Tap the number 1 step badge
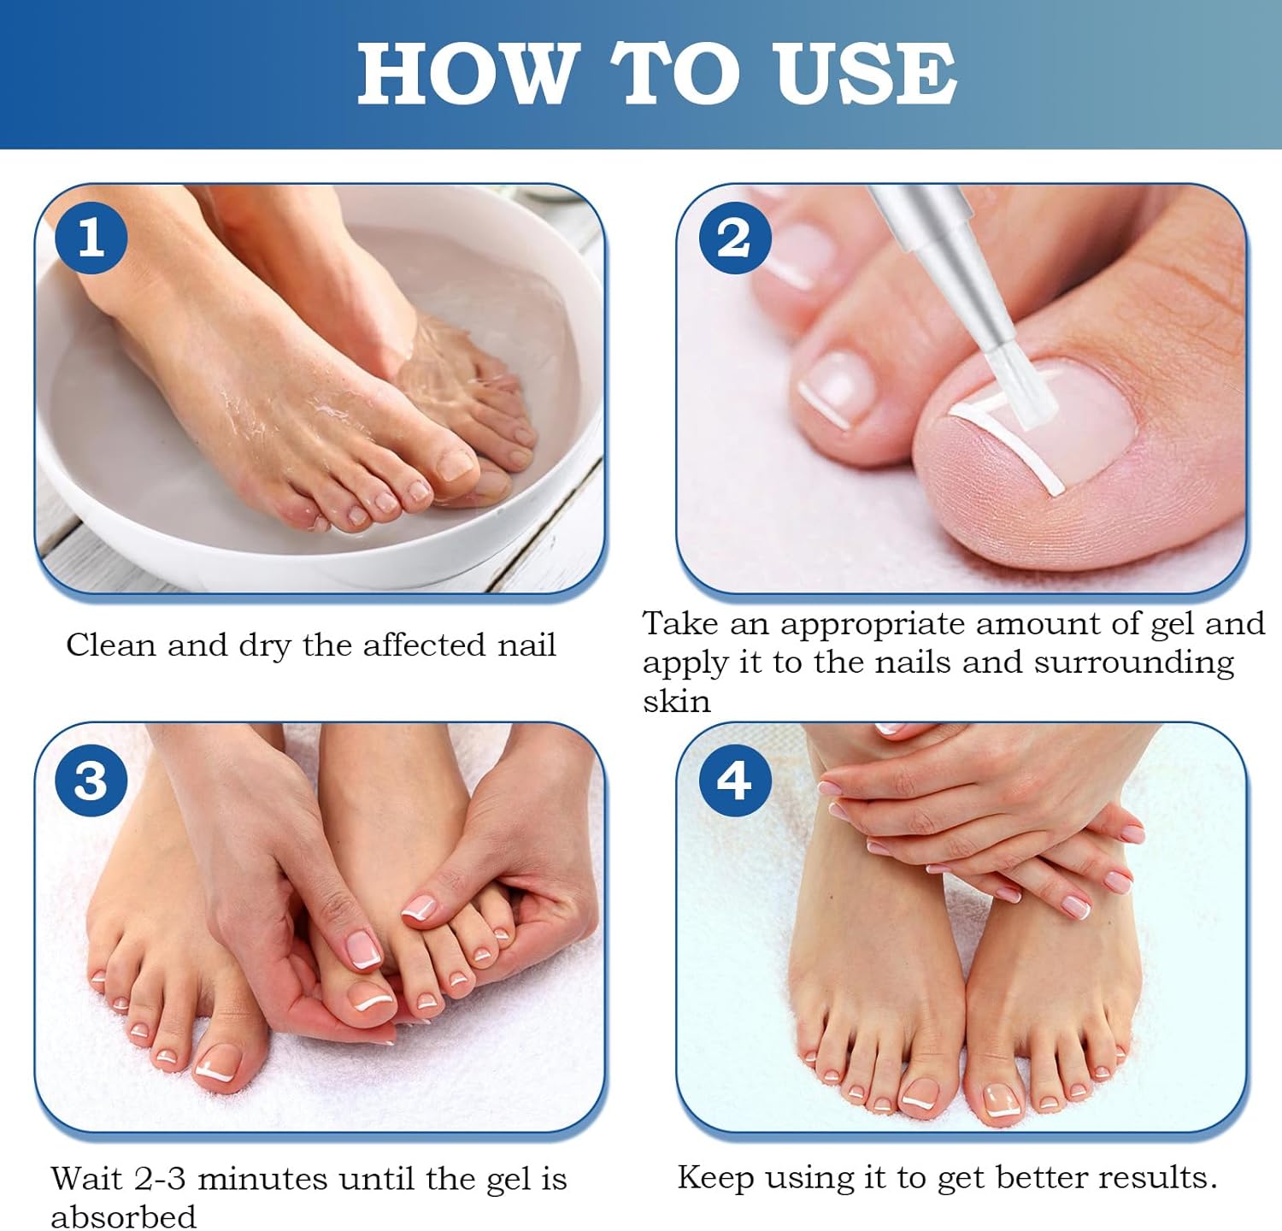tap(91, 237)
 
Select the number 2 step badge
tap(734, 237)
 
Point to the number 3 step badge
tap(91, 780)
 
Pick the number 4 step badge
tap(734, 780)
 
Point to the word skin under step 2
tap(676, 702)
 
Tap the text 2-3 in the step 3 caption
tap(160, 1179)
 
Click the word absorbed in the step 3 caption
tap(123, 1216)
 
